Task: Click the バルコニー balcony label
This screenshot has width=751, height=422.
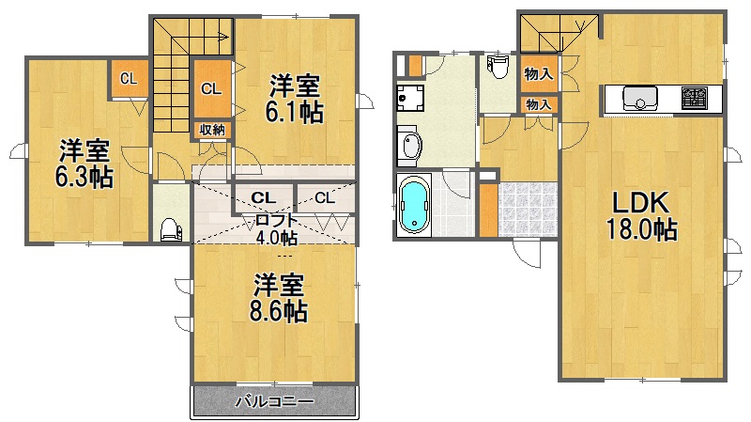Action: coord(274,401)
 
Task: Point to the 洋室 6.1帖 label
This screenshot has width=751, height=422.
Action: coord(295,99)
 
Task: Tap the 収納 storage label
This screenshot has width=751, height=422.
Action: coord(212,130)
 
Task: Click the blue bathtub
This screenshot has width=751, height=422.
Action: coord(414,204)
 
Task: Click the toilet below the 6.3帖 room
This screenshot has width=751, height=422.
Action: coord(171,230)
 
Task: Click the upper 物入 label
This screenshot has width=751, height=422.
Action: coord(538,73)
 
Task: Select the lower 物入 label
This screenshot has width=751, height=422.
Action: coord(538,104)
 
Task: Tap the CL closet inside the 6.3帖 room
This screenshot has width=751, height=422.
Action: coord(129,79)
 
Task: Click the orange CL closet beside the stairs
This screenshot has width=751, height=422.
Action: coord(211,88)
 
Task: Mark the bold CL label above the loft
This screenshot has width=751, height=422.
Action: coord(264,197)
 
